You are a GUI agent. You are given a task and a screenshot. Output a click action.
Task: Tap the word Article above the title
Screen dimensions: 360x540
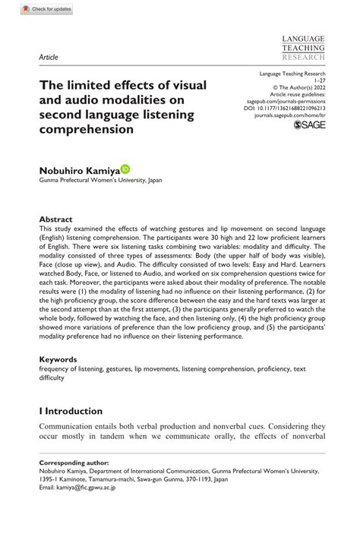pyautogui.click(x=48, y=57)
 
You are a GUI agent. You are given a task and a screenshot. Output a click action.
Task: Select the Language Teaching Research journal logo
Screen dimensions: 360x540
pyautogui.click(x=303, y=47)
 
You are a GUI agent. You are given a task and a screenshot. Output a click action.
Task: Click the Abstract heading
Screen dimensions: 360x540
pyautogui.click(x=56, y=216)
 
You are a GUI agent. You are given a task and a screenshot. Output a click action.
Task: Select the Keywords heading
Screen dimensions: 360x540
pyautogui.click(x=58, y=358)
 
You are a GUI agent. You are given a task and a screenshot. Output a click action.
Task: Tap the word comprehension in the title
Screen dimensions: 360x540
pyautogui.click(x=86, y=129)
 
